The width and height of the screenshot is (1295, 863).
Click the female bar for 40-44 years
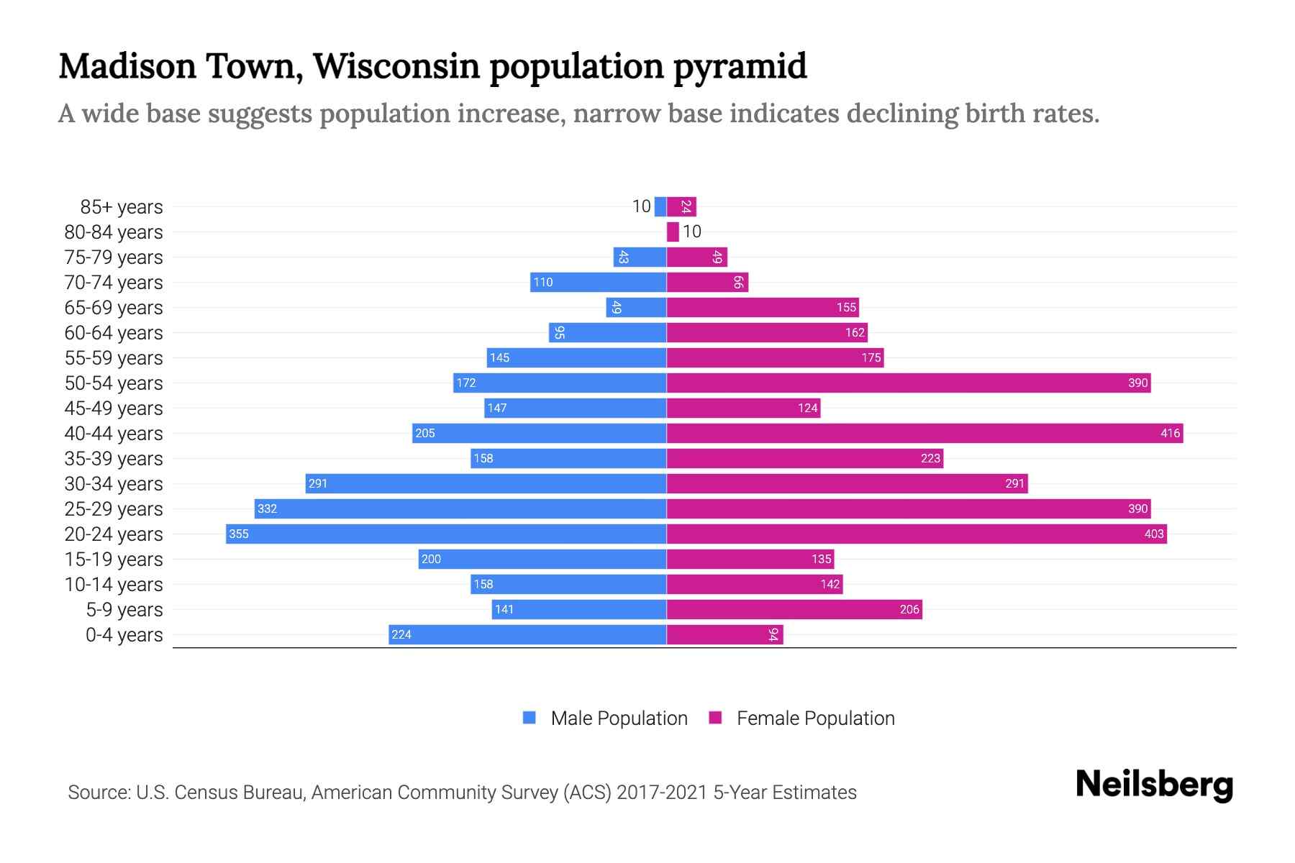click(x=924, y=433)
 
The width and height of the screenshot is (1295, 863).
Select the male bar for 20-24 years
click(x=446, y=534)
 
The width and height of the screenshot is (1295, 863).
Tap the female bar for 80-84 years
click(x=673, y=232)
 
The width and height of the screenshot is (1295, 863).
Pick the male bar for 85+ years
click(x=660, y=206)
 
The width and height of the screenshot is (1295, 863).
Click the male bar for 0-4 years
click(x=527, y=634)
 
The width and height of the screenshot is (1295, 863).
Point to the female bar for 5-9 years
click(x=794, y=609)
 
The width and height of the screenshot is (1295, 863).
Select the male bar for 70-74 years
click(x=599, y=282)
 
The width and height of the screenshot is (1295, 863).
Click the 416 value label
click(x=1170, y=433)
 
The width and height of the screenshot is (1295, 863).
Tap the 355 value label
click(x=239, y=534)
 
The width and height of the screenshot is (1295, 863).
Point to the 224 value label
click(x=401, y=634)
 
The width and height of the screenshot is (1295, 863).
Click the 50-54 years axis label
click(x=114, y=383)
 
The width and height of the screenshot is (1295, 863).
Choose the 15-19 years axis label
click(x=114, y=560)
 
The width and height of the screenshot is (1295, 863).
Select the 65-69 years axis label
click(x=114, y=308)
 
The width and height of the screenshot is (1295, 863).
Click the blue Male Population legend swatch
click(x=530, y=718)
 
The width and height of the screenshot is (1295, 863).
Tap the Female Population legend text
click(x=815, y=718)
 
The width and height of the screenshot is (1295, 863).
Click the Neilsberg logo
click(x=1154, y=785)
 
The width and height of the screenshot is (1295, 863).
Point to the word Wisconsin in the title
click(x=396, y=67)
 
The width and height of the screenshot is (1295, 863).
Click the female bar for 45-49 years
click(x=743, y=408)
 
